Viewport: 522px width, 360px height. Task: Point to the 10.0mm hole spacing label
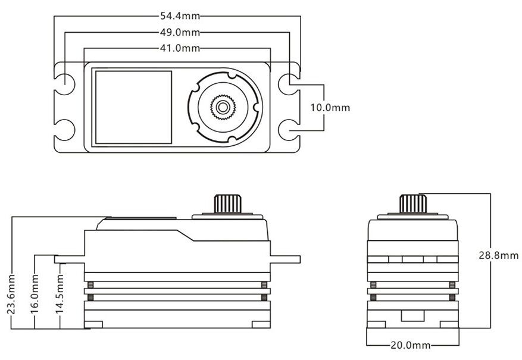click(x=330, y=108)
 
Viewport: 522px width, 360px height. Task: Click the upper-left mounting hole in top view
click(x=65, y=84)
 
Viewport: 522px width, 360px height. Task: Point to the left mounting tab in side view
click(x=69, y=259)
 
